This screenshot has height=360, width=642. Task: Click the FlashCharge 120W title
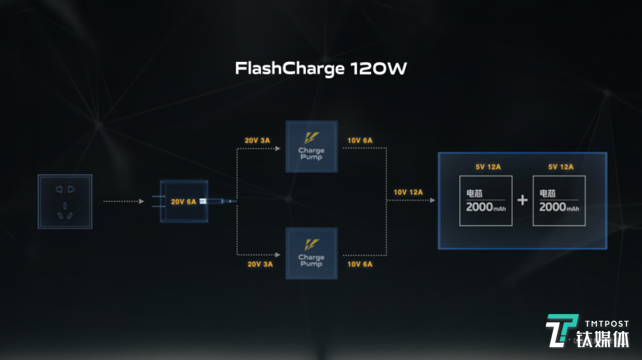point(321,69)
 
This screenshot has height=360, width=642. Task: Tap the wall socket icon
point(65,201)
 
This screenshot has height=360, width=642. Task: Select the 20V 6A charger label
point(183,202)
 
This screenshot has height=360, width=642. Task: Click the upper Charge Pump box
point(312,147)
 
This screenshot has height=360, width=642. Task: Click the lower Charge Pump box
point(312,254)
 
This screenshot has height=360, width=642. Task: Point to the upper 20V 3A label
point(257,141)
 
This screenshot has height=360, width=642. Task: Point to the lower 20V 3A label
point(260,264)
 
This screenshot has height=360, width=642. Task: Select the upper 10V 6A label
point(360,141)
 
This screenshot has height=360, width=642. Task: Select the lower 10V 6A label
point(360,264)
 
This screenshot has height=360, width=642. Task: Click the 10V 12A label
point(408,192)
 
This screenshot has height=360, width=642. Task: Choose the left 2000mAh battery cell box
point(486,201)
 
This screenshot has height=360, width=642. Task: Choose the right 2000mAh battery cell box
point(559,201)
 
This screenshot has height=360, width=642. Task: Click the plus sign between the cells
point(523,200)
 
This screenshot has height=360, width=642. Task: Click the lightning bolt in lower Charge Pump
point(312,245)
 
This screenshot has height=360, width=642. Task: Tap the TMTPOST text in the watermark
point(607,324)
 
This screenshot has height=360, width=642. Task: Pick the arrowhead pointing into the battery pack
point(432,200)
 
